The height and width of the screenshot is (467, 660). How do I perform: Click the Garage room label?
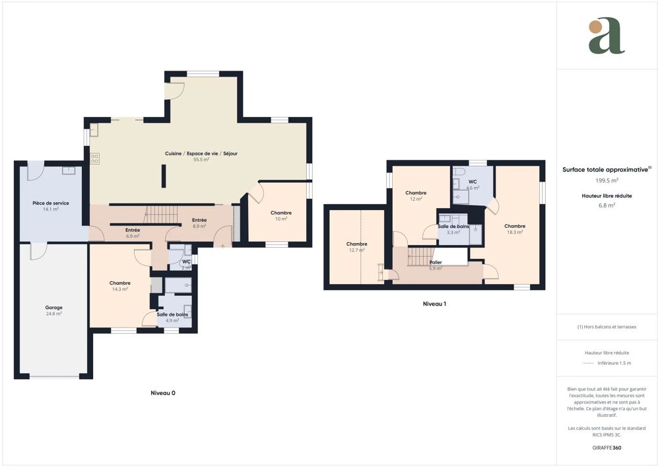[x=53, y=307]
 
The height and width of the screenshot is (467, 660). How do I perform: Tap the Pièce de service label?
[x=51, y=203]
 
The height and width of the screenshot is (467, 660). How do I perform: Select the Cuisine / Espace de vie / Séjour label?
[x=201, y=153]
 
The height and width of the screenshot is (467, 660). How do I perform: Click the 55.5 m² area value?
[x=201, y=160]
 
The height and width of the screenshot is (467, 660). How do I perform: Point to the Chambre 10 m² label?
[x=280, y=213]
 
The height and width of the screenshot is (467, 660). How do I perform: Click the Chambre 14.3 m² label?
[x=119, y=283]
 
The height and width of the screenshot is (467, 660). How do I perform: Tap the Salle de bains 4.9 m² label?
[x=172, y=314]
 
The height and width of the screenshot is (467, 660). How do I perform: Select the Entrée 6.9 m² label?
[x=132, y=230]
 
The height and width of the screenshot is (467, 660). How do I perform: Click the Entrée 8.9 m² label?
[x=199, y=220]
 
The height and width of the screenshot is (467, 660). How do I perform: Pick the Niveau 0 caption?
[x=162, y=392]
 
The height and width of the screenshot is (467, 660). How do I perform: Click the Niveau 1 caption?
[x=434, y=305]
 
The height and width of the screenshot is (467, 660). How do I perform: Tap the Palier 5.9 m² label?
[x=435, y=262]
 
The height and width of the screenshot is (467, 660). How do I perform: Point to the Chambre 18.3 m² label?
[x=515, y=226]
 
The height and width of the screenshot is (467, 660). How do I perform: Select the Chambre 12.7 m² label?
[x=356, y=244]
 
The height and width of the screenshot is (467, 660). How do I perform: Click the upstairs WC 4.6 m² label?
[x=473, y=182]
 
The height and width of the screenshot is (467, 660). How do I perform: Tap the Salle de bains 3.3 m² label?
[x=453, y=226]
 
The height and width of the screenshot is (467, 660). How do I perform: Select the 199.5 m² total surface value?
[x=607, y=180]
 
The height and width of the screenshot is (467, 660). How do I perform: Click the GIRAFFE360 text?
[x=607, y=448]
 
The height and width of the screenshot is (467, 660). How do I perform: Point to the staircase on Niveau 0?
[x=161, y=214]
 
